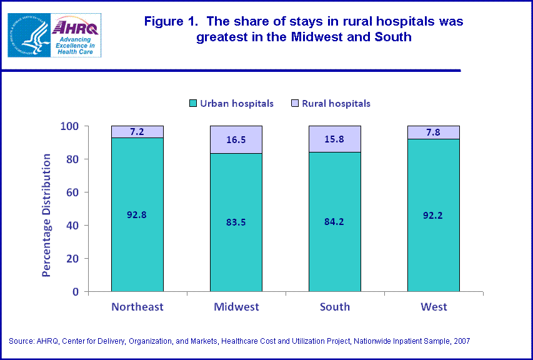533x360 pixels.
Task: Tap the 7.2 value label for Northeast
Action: (x=137, y=132)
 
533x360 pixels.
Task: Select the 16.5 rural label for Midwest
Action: (x=236, y=141)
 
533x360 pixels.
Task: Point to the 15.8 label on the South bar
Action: (x=335, y=140)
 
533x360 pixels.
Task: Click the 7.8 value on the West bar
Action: (x=434, y=132)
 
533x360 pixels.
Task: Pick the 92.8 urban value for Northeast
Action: (x=137, y=214)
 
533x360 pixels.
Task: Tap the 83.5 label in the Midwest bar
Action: (x=236, y=222)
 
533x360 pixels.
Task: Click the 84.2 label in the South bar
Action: (x=335, y=221)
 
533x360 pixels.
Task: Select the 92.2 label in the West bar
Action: (x=434, y=214)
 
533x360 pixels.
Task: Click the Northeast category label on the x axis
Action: (x=137, y=307)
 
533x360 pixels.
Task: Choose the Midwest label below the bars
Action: (x=236, y=307)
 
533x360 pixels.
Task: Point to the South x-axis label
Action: (x=335, y=307)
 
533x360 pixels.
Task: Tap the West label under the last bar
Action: (x=434, y=307)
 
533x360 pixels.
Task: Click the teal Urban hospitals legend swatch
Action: (x=194, y=104)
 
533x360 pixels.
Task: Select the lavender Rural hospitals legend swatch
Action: (x=296, y=104)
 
